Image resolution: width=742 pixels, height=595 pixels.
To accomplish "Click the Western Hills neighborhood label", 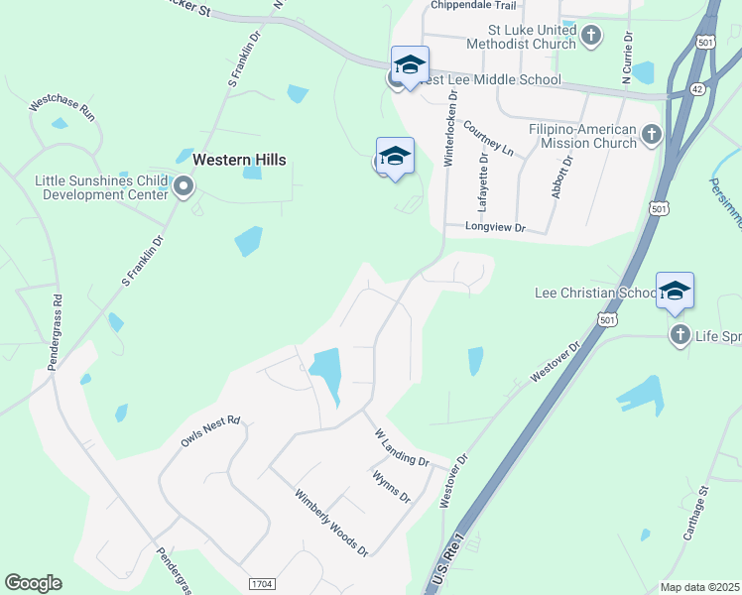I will click(x=239, y=160).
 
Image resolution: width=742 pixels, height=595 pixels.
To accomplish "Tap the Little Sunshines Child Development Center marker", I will click(x=183, y=186).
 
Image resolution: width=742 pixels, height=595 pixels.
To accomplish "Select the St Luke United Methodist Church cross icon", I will click(x=591, y=37).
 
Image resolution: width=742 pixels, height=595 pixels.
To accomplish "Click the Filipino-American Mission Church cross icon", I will click(x=652, y=133).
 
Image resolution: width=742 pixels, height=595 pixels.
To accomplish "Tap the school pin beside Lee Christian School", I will click(x=675, y=291).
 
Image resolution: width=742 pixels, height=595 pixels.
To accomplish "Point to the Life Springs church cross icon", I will click(x=680, y=335).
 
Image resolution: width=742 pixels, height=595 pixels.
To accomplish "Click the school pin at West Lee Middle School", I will click(x=410, y=65).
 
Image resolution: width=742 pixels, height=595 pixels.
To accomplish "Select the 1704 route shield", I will click(x=262, y=584).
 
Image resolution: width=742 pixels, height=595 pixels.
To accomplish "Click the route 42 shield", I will click(x=698, y=88).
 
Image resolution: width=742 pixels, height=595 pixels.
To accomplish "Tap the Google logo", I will click(x=33, y=583).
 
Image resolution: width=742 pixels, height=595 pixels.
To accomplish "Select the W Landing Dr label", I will click(x=401, y=448).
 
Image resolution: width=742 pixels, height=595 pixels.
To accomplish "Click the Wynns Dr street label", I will click(x=391, y=487).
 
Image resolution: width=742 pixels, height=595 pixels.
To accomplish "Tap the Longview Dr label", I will click(x=496, y=228).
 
